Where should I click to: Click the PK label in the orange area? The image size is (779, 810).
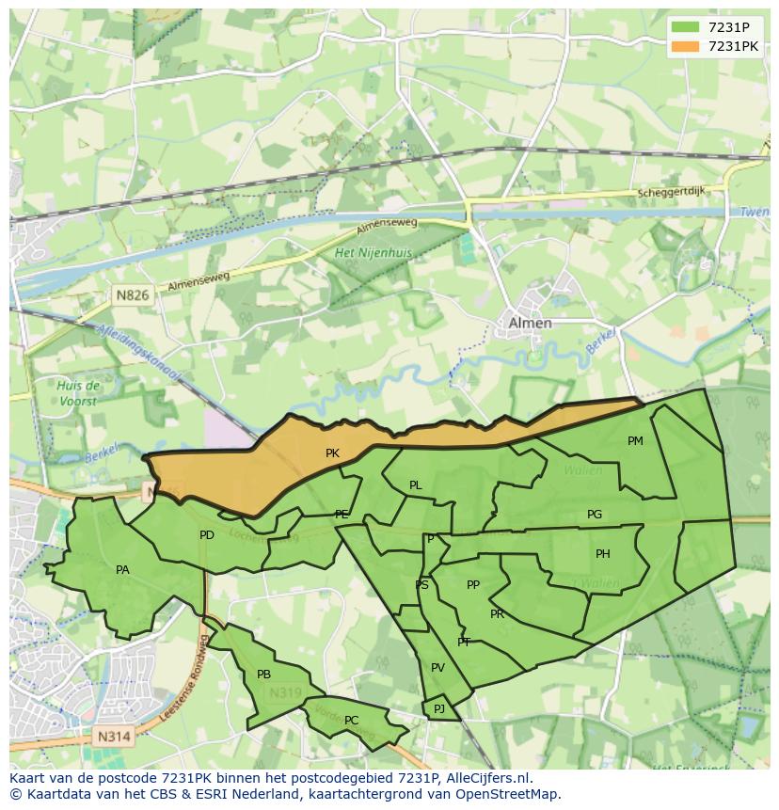[x=332, y=453]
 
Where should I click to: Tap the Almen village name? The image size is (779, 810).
[x=530, y=323]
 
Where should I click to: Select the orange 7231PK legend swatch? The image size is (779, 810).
[x=685, y=46]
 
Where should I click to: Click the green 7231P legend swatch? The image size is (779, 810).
[x=685, y=27]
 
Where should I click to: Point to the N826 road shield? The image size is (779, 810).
[x=133, y=295]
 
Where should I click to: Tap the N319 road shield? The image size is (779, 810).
[x=286, y=693]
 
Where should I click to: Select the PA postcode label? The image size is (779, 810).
[x=122, y=570]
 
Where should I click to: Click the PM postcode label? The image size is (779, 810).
[x=635, y=441]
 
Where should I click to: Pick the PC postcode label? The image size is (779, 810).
[x=351, y=721]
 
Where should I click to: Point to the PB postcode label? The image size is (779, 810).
[x=263, y=675]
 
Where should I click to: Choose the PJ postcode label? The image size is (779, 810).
[x=439, y=708]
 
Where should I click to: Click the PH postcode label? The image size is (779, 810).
[x=603, y=554]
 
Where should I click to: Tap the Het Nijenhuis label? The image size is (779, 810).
[x=374, y=254]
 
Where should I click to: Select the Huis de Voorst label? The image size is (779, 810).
[x=78, y=393]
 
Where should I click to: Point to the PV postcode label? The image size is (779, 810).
[x=437, y=668]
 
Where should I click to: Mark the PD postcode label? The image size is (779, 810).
[x=207, y=535]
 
